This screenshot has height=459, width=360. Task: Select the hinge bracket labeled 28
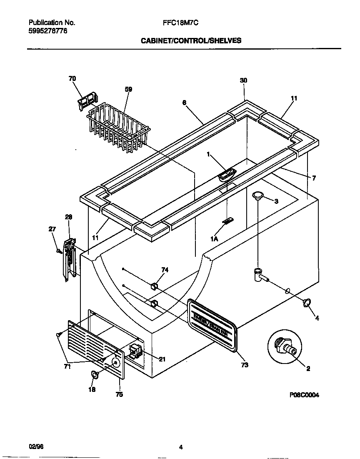[x=70, y=259]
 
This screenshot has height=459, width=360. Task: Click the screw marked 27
[x=59, y=251]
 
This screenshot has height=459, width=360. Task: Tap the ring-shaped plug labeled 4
[x=307, y=302]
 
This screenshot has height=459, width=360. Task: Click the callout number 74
[x=165, y=270]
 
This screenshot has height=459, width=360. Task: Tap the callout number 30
[x=244, y=80]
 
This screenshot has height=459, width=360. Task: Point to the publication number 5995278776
[x=48, y=31]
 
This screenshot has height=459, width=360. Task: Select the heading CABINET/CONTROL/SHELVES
[x=191, y=41]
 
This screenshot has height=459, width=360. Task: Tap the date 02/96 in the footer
[x=36, y=446]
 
